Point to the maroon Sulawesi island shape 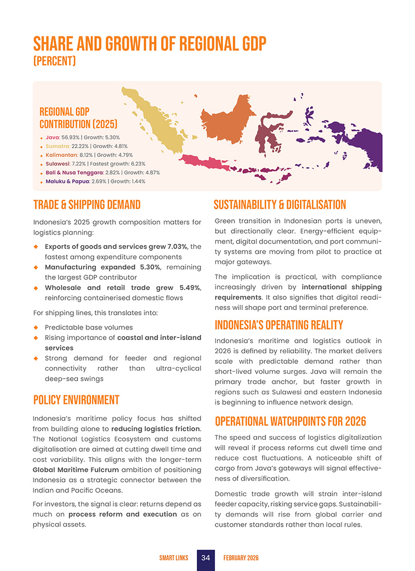coord(271,132)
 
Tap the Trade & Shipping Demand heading coord(87,205)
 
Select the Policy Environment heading coord(76,400)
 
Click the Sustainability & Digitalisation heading coord(280,205)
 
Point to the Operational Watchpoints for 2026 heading coord(290,422)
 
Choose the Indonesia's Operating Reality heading coord(279,325)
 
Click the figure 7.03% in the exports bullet coord(177,247)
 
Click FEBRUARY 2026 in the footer coord(241,558)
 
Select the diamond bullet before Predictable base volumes coord(36,327)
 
